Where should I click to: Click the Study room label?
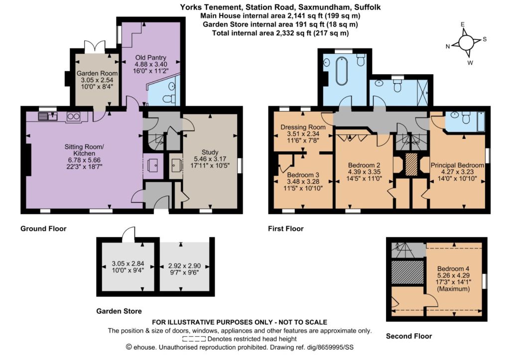tap(210, 152)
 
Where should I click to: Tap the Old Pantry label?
tap(150, 58)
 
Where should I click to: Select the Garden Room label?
tap(97, 73)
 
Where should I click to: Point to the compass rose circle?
tap(466, 42)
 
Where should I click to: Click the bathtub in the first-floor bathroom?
tap(342, 71)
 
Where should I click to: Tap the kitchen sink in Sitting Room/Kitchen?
tap(48, 116)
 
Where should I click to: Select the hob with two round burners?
tap(73, 117)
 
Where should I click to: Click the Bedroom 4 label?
tap(453, 268)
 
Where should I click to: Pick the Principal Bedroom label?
tap(457, 165)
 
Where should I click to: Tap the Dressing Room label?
tap(303, 127)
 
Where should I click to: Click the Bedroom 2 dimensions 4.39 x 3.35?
tap(364, 172)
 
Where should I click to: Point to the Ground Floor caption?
tap(43, 229)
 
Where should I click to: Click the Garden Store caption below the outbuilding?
tap(119, 311)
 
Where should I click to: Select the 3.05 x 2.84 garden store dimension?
tap(128, 264)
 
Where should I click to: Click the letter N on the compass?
tap(448, 46)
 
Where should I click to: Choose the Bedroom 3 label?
tap(303, 175)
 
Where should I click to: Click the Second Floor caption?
tap(409, 336)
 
